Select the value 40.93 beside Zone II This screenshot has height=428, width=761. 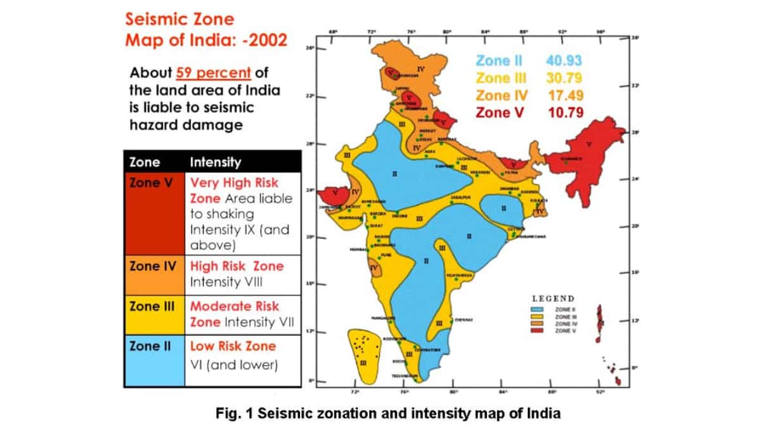pos(564,61)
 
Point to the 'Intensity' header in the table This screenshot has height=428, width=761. pos(216,162)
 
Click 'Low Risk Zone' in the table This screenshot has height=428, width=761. pos(233,346)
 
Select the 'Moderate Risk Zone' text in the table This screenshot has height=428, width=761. pos(235,314)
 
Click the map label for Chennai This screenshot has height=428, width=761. pos(465,320)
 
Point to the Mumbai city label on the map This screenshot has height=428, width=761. pos(359,250)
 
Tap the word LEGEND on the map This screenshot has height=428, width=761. pos(553,299)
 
